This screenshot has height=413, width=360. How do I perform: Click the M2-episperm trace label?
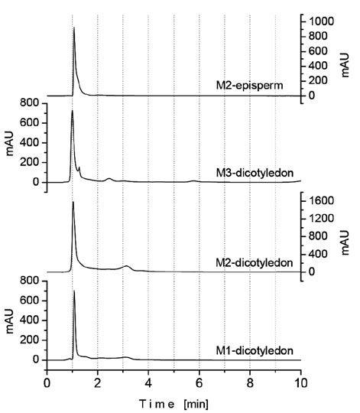click(x=256, y=86)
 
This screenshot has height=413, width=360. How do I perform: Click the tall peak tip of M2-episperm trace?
click(x=73, y=28)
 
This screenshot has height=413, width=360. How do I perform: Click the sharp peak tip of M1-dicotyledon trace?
click(x=74, y=291)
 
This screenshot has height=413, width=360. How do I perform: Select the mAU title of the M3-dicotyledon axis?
click(x=10, y=143)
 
